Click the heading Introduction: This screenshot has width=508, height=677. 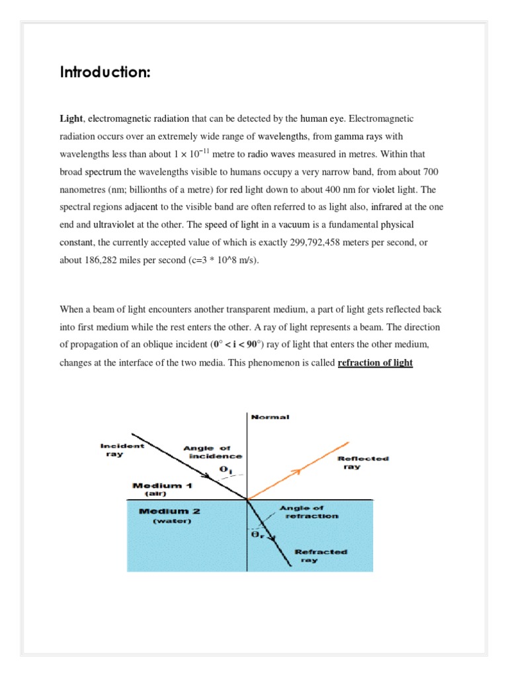pyautogui.click(x=105, y=72)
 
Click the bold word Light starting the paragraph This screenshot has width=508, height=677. pyautogui.click(x=71, y=119)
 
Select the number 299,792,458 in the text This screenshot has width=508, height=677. pyautogui.click(x=319, y=243)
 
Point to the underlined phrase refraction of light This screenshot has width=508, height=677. pyautogui.click(x=375, y=363)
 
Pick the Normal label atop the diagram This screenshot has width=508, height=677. pyautogui.click(x=270, y=417)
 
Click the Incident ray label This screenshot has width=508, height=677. pyautogui.click(x=121, y=450)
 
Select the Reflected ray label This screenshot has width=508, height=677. pyautogui.click(x=363, y=462)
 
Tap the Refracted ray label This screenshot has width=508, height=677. pyautogui.click(x=321, y=555)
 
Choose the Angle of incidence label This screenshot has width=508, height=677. pyautogui.click(x=212, y=452)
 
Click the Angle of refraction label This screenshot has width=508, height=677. pyautogui.click(x=312, y=512)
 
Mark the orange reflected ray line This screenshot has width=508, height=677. pyautogui.click(x=298, y=469)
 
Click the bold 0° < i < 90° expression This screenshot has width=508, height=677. pyautogui.click(x=244, y=344)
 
